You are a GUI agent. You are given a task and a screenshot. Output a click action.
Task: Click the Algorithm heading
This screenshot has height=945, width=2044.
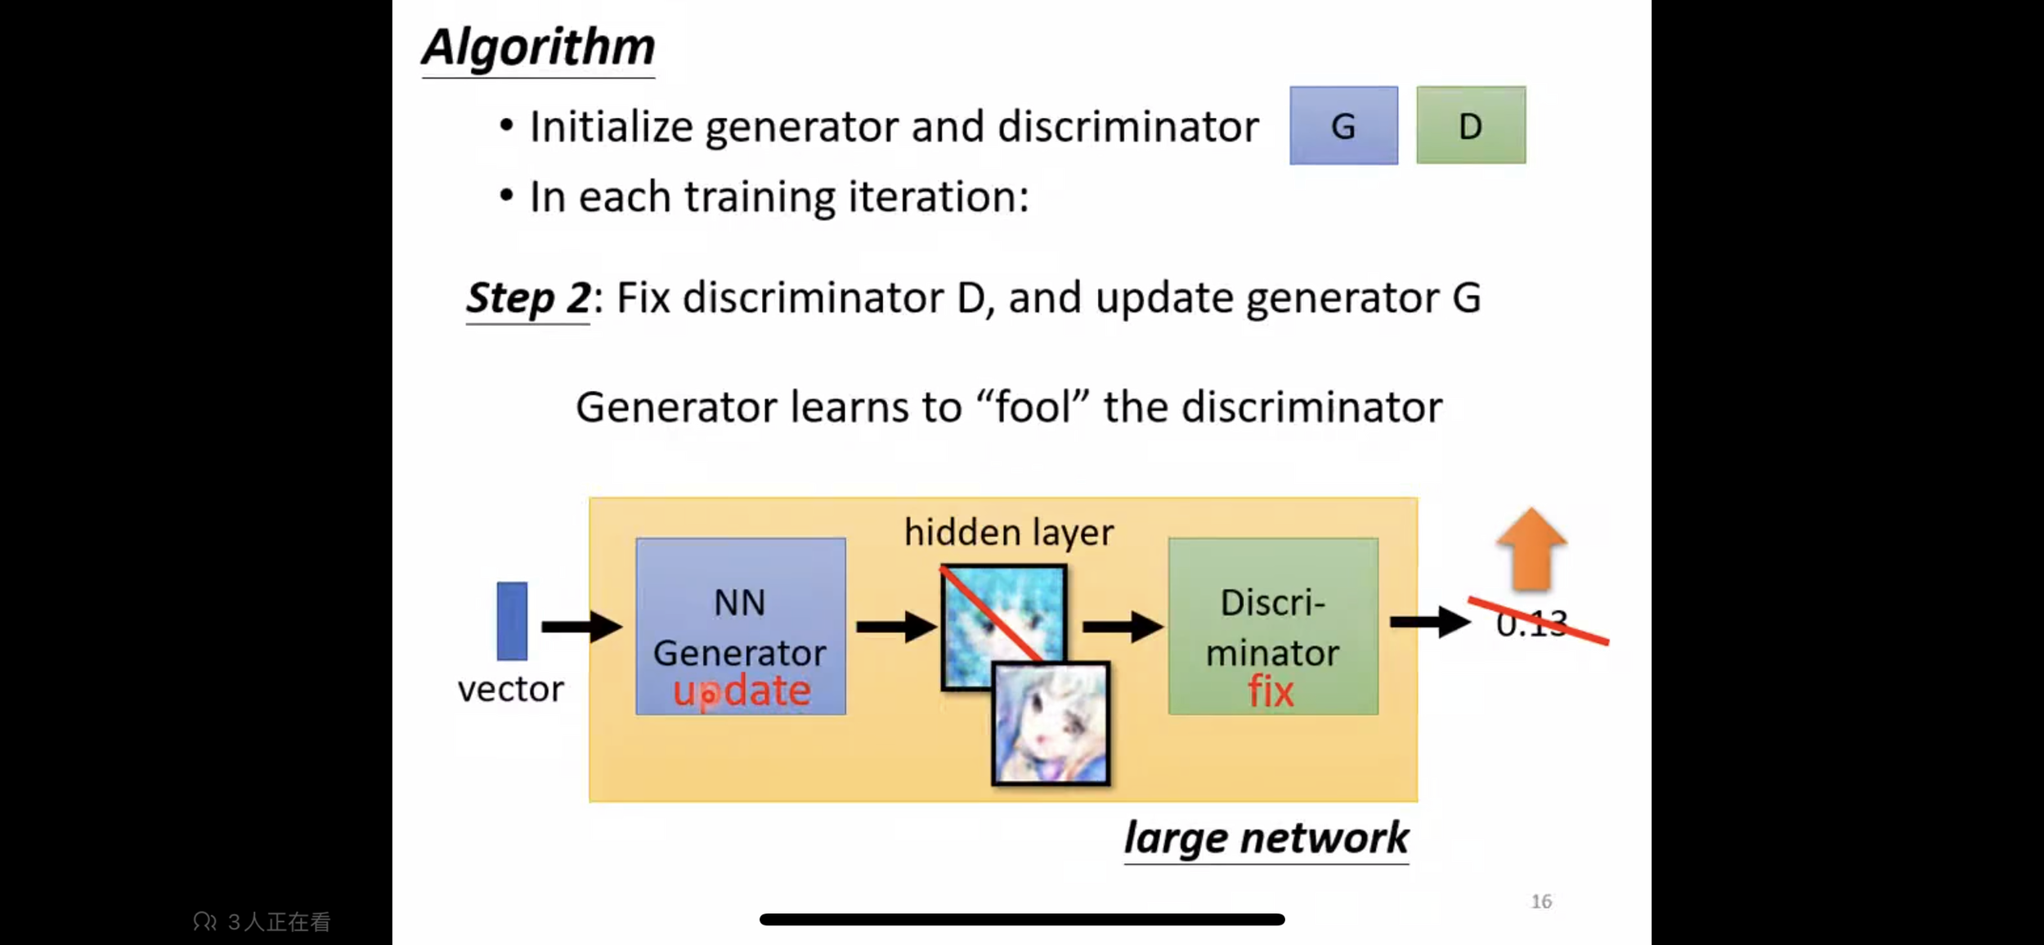[538, 47]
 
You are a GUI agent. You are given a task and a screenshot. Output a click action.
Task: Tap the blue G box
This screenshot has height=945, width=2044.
[1343, 126]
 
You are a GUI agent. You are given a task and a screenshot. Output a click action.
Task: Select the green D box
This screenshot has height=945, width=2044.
[1470, 126]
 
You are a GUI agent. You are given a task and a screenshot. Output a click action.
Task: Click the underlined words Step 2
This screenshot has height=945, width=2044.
[527, 298]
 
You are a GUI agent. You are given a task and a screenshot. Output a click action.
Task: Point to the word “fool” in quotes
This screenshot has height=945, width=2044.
[1033, 407]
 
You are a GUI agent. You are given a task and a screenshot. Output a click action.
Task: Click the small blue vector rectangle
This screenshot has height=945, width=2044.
[512, 621]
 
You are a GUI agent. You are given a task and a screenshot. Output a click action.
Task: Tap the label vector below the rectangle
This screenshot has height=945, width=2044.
[511, 689]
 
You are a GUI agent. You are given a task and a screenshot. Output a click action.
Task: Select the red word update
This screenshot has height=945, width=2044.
[742, 691]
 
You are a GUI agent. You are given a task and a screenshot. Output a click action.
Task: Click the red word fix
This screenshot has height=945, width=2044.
[1271, 692]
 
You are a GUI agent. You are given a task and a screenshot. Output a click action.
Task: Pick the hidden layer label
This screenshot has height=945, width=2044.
[1009, 533]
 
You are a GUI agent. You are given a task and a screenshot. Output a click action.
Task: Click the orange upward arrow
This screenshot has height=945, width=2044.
[1531, 548]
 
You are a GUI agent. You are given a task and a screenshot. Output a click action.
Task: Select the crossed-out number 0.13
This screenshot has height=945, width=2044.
[1531, 624]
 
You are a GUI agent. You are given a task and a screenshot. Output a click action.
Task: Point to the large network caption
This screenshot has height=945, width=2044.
[1266, 838]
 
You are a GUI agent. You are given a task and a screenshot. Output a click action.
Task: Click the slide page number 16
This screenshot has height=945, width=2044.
[1541, 901]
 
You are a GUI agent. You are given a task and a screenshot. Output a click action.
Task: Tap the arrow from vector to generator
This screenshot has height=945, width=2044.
[580, 627]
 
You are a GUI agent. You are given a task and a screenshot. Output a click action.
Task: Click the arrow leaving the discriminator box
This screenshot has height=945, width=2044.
[1429, 622]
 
